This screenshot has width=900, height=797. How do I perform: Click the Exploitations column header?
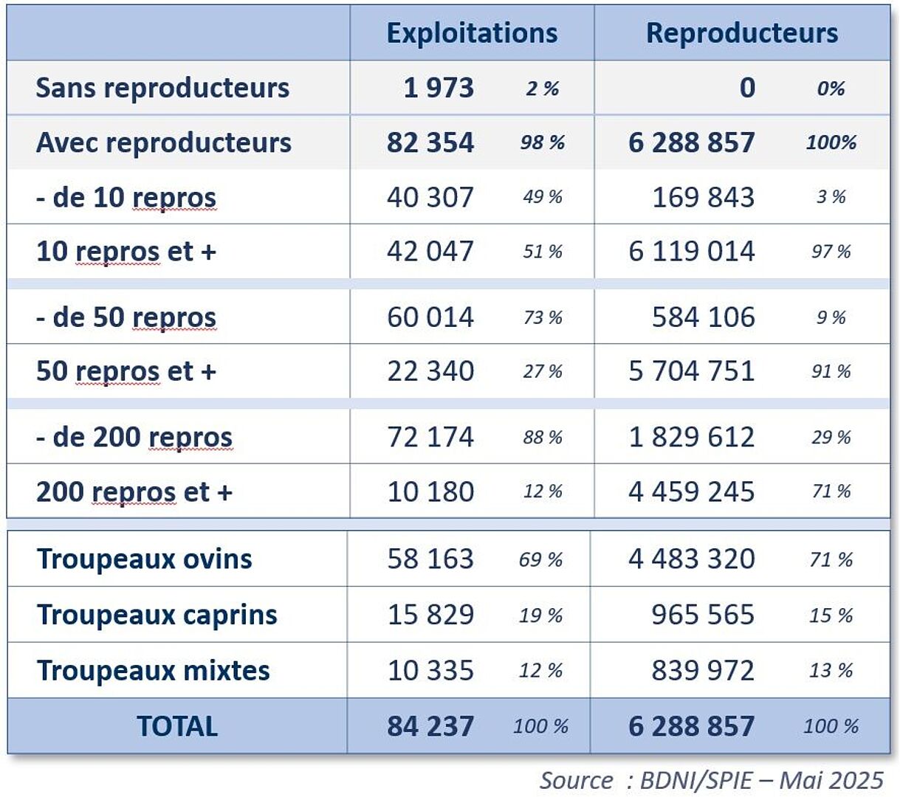point(472,33)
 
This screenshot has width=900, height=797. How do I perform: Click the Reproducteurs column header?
point(741,33)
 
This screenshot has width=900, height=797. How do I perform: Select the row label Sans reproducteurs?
point(162,88)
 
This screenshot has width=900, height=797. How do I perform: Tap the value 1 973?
point(438,88)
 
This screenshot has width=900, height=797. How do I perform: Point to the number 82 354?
point(430,142)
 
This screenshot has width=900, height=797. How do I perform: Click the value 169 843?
point(703,197)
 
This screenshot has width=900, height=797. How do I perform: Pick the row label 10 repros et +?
point(126,252)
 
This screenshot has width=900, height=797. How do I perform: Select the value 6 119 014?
point(691,252)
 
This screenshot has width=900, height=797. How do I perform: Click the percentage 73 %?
point(543,318)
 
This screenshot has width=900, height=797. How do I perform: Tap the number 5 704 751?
point(691,371)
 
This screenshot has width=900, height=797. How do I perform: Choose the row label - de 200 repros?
point(134,438)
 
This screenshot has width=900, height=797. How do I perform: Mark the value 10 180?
point(430,491)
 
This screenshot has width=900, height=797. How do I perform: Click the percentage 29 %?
point(831,438)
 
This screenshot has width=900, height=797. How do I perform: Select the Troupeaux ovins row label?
point(145,559)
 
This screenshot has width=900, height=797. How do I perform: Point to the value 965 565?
point(703,615)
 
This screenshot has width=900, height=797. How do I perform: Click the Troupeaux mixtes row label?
point(154,671)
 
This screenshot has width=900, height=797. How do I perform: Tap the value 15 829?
point(430,615)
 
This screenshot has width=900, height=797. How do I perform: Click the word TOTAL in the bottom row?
point(177,726)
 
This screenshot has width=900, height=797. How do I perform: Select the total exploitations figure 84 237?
point(430,726)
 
